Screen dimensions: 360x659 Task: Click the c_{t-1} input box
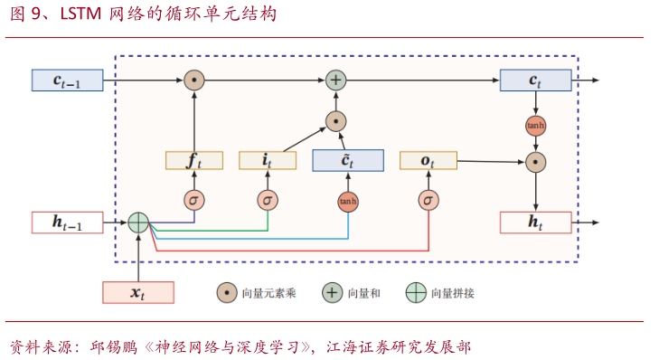[x=68, y=81]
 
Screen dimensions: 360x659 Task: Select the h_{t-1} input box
[x=68, y=222]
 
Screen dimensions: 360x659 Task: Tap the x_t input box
[x=137, y=292]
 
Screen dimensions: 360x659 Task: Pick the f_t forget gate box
[x=193, y=160]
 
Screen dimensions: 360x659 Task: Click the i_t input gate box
[x=268, y=160]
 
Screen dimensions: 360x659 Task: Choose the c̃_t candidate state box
[x=347, y=160]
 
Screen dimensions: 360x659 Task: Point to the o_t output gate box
[x=428, y=160]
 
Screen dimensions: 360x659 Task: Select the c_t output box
[x=535, y=81]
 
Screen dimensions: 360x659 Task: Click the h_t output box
[x=535, y=222]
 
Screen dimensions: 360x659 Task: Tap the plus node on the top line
[x=335, y=81]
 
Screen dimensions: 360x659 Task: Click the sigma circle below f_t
[x=193, y=200]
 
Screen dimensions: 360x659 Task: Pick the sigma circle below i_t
[x=268, y=200]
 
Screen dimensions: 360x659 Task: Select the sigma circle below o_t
[x=428, y=200]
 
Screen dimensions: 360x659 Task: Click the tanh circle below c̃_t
[x=348, y=201]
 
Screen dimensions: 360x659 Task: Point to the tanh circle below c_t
[x=536, y=125]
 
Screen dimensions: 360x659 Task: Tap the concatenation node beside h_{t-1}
[x=137, y=222]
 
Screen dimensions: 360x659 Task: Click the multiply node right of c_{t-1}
[x=193, y=81]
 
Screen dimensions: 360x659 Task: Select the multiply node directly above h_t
[x=536, y=163]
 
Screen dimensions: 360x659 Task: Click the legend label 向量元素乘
[x=269, y=293]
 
